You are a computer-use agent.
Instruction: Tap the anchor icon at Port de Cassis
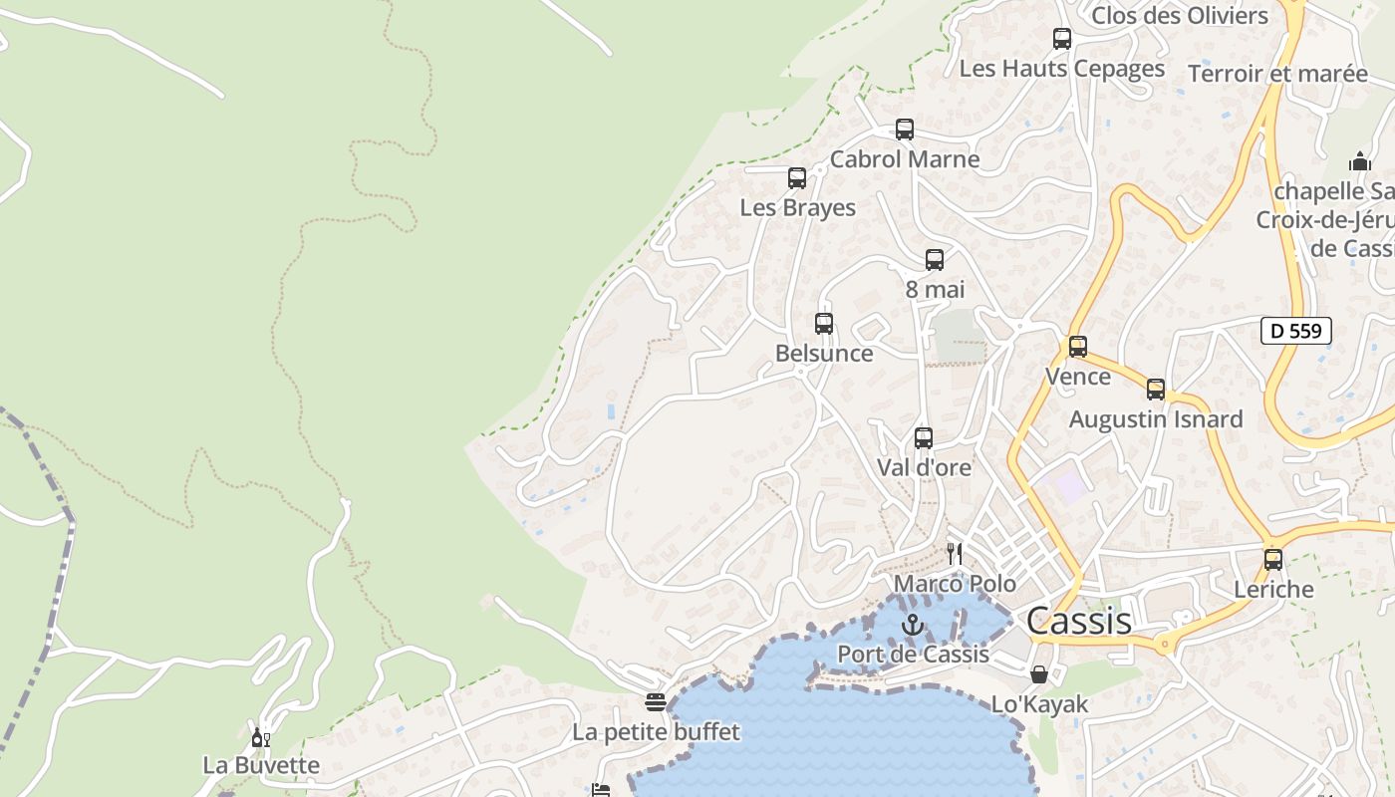click(913, 625)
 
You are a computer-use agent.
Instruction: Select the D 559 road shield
click(1296, 331)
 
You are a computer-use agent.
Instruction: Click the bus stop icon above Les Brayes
click(797, 178)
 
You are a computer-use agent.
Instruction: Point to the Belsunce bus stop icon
click(824, 324)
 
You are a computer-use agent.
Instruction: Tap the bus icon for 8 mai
click(935, 260)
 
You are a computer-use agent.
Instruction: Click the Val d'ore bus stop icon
click(924, 438)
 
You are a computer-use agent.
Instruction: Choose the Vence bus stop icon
click(1078, 347)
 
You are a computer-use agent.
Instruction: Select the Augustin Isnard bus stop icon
click(1156, 390)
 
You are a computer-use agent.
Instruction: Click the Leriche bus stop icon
click(1273, 560)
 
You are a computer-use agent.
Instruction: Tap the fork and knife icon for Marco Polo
click(955, 554)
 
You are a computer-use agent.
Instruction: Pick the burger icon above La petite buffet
click(655, 703)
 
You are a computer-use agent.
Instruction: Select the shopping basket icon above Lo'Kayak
click(1039, 674)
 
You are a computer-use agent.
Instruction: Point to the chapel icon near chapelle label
click(1360, 161)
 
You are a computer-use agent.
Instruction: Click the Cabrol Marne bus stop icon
click(905, 130)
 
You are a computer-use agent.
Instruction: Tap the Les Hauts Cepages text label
click(1062, 69)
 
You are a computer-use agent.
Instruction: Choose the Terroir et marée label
click(1278, 74)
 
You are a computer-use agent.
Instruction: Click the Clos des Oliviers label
click(1180, 15)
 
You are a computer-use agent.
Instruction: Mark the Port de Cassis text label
click(913, 655)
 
